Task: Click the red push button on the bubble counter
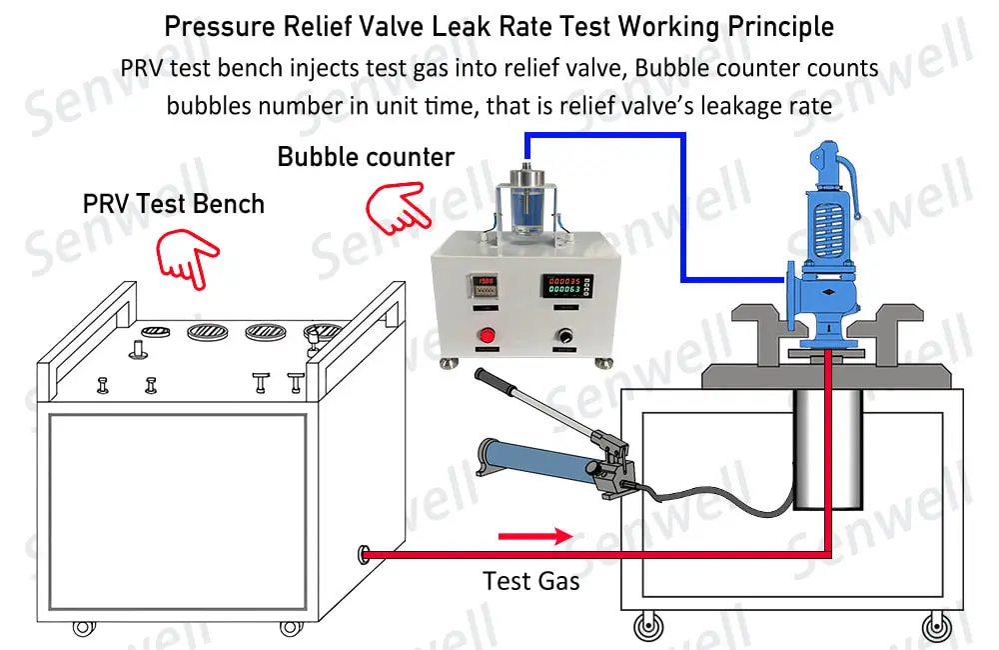coord(490,335)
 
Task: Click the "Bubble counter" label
coord(366,157)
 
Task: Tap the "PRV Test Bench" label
coord(173,204)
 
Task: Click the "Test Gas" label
coord(530,580)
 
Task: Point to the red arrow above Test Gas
coord(534,537)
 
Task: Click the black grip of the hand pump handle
coord(497,382)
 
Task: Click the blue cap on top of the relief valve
coord(827,157)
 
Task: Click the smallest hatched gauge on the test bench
coord(155,330)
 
